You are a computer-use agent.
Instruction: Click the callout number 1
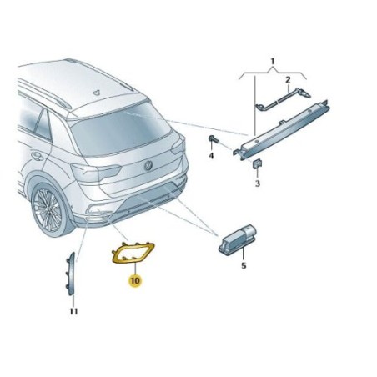(273, 61)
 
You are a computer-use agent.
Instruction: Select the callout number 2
(288, 80)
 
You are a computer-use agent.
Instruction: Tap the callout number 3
(258, 183)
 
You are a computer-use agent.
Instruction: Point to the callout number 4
(211, 156)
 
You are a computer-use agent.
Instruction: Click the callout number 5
(244, 266)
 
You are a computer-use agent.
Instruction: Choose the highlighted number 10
(135, 280)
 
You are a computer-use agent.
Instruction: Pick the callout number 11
(73, 311)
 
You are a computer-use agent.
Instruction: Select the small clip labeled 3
(256, 163)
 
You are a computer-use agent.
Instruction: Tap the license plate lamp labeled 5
(237, 239)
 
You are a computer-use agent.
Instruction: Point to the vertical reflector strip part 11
(71, 274)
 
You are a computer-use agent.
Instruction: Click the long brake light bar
(282, 130)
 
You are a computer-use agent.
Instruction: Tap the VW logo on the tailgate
(148, 165)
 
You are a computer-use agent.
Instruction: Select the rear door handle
(38, 156)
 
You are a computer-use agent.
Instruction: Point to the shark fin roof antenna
(96, 93)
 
